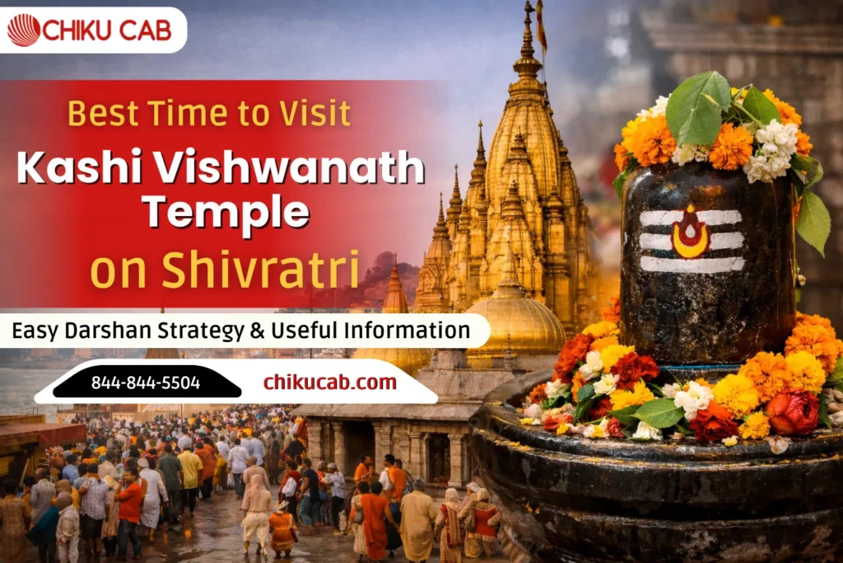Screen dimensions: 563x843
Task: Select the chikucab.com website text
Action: [x=329, y=382]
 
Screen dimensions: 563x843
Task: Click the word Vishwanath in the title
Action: [x=285, y=168]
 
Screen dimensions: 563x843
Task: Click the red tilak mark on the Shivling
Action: [x=690, y=233]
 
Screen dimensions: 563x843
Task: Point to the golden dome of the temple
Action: [x=515, y=321]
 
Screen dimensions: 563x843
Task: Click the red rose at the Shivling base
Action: [x=791, y=412]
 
